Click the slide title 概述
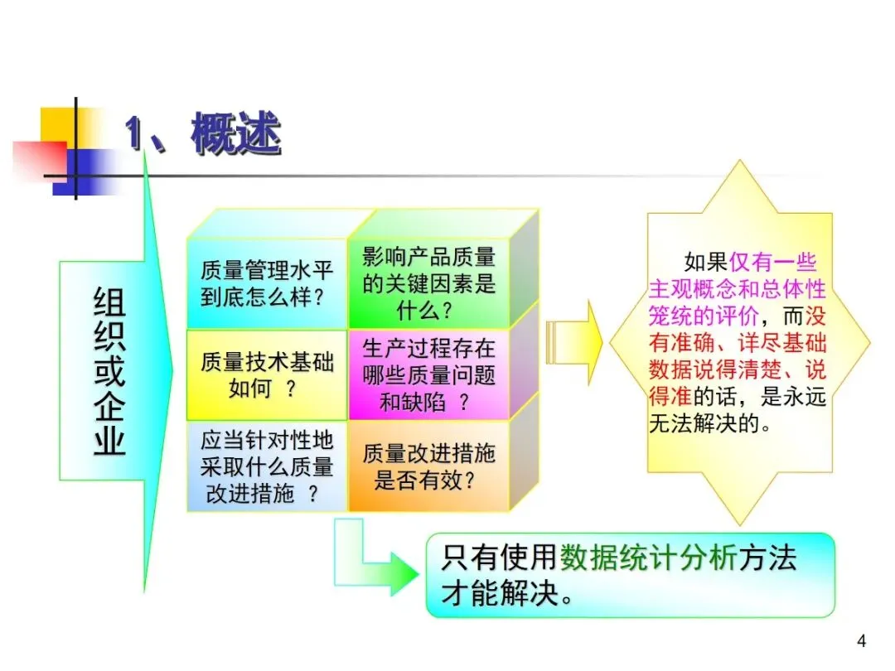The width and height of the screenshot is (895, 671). pyautogui.click(x=236, y=134)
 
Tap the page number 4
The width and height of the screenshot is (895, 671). pyautogui.click(x=861, y=640)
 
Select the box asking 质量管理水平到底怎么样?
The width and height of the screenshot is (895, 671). pyautogui.click(x=267, y=283)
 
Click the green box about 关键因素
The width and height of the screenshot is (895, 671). pyautogui.click(x=428, y=283)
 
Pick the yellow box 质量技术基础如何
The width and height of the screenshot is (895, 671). pyautogui.click(x=267, y=374)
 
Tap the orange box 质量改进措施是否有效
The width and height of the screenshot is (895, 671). pyautogui.click(x=428, y=466)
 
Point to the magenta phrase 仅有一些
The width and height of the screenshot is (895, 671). pyautogui.click(x=772, y=263)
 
